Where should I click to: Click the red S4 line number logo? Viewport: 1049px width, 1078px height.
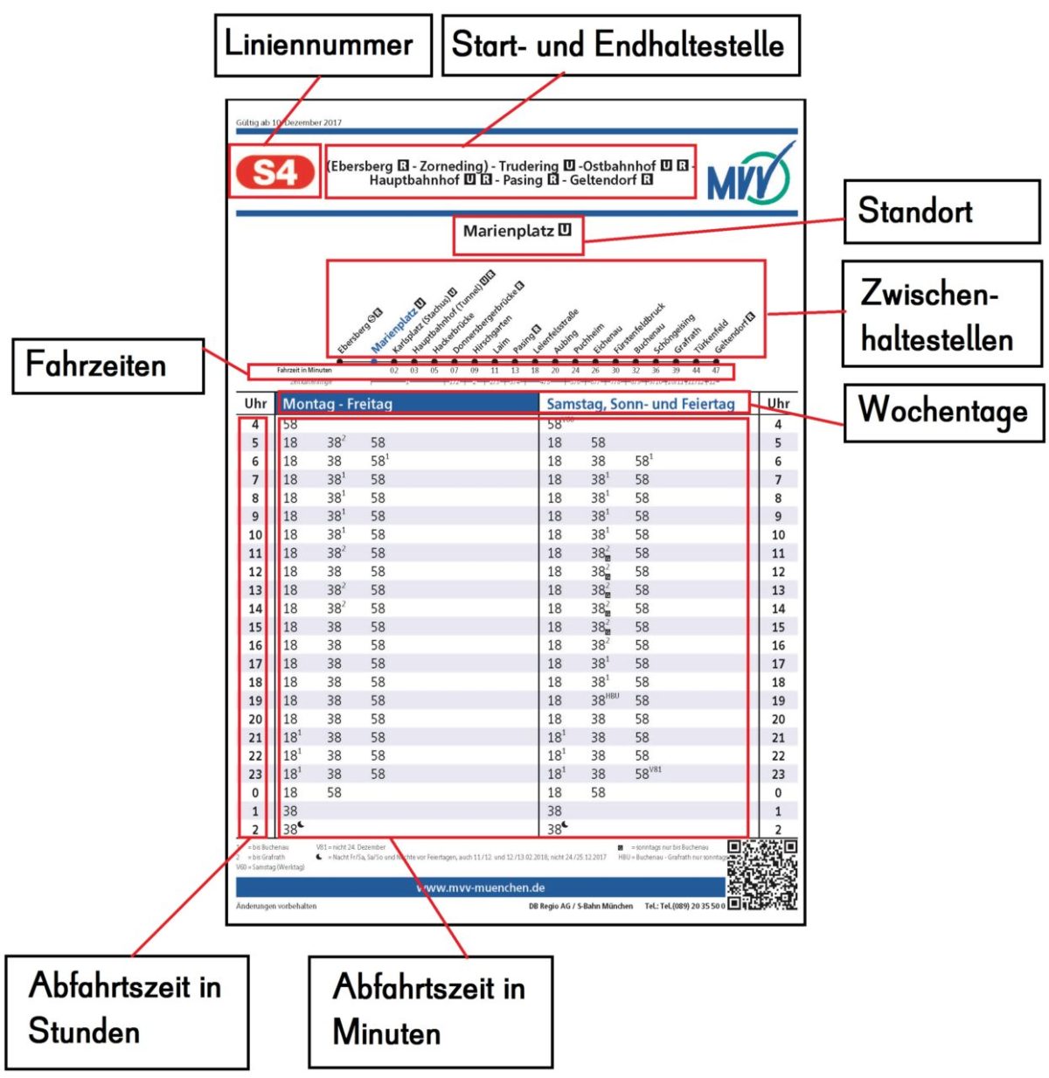(274, 172)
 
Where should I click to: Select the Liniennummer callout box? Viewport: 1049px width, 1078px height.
(323, 45)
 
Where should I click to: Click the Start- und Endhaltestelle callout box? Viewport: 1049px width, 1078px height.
(620, 45)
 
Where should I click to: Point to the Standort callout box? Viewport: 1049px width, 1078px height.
(941, 212)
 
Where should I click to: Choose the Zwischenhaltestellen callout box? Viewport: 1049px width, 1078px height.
(941, 314)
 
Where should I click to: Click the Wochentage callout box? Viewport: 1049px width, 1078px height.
(942, 412)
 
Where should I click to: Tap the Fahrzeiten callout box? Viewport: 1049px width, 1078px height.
(108, 365)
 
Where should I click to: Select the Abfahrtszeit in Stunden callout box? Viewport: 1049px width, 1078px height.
(127, 1011)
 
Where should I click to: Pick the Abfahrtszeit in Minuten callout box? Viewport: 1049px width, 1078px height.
(430, 1011)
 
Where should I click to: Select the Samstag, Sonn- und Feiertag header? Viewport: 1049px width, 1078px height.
(640, 404)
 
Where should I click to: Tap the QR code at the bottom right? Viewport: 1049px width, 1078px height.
(762, 875)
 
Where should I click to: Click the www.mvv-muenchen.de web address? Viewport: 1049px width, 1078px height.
(480, 887)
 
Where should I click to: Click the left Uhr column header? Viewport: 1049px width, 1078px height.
(255, 404)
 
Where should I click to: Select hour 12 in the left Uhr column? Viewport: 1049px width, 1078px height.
(255, 572)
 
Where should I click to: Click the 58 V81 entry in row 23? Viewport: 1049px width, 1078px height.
(647, 774)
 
